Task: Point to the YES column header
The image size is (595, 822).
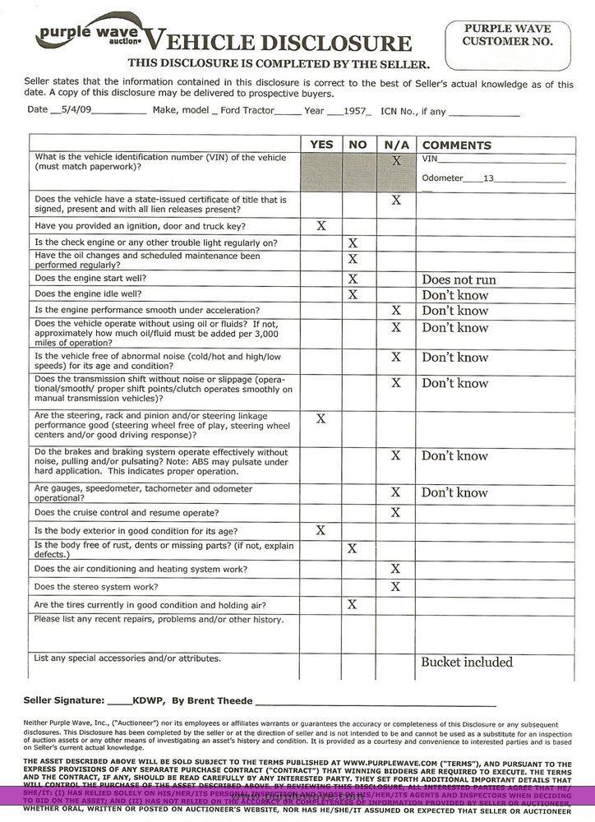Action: (x=321, y=145)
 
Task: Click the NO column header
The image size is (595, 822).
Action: (x=357, y=145)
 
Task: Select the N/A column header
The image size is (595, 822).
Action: (x=395, y=145)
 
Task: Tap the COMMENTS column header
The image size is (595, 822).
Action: (x=456, y=145)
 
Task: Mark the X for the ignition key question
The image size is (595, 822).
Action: (x=321, y=225)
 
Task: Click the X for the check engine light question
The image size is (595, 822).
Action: (x=353, y=243)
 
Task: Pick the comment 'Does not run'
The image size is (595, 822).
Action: (x=459, y=279)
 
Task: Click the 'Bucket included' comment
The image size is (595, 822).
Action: (x=467, y=662)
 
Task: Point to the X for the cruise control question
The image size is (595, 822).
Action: (x=395, y=512)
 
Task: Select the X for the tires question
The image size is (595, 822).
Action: (x=353, y=604)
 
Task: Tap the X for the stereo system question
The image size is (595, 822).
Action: (x=395, y=586)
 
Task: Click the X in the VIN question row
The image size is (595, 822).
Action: (x=395, y=162)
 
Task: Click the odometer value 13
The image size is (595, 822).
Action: (x=489, y=178)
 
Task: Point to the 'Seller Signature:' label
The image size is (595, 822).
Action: (x=64, y=700)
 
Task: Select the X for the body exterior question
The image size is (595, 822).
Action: (x=321, y=530)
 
